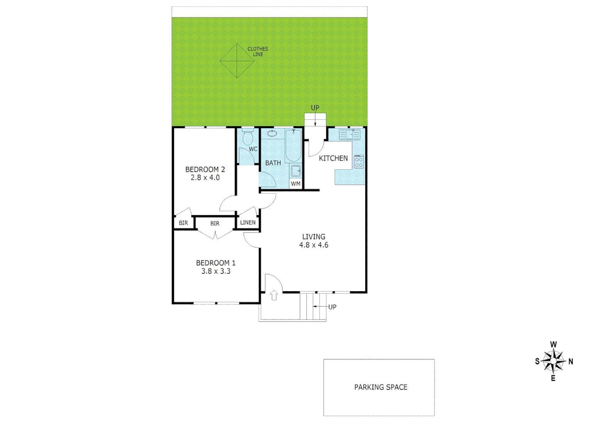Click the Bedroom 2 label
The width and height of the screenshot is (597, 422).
pyautogui.click(x=205, y=170)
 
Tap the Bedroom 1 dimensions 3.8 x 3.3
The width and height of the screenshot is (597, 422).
pyautogui.click(x=216, y=271)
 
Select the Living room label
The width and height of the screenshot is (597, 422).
pyautogui.click(x=313, y=237)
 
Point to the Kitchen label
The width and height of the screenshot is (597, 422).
pyautogui.click(x=333, y=158)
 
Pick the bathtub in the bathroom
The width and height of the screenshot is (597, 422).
pyautogui.click(x=293, y=146)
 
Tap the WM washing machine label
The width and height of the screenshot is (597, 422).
pyautogui.click(x=296, y=184)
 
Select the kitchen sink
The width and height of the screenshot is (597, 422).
pyautogui.click(x=350, y=134)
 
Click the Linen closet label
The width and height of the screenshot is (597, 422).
pyautogui.click(x=248, y=223)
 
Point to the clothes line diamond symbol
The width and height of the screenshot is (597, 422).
pyautogui.click(x=237, y=61)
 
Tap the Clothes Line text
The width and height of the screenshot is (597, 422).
pyautogui.click(x=258, y=52)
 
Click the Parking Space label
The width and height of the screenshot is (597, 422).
pyautogui.click(x=381, y=387)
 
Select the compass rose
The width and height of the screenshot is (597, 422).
pyautogui.click(x=554, y=361)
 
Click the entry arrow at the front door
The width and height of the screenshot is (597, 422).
pyautogui.click(x=274, y=295)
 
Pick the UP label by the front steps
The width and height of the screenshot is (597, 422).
pyautogui.click(x=332, y=307)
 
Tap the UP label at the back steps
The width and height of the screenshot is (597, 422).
pyautogui.click(x=315, y=108)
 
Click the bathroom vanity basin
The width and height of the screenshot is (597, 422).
pyautogui.click(x=272, y=134)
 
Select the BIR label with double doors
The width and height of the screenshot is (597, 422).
pyautogui.click(x=214, y=224)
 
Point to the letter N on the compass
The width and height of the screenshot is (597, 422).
pyautogui.click(x=570, y=361)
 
